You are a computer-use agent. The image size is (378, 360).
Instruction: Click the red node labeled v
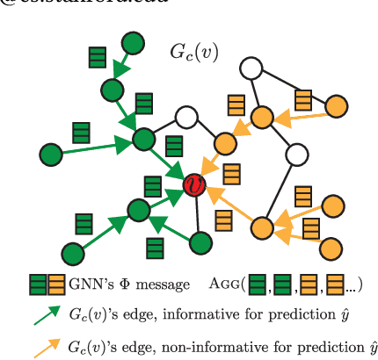tap(193, 183)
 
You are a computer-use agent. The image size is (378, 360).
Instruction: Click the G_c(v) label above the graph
tap(193, 51)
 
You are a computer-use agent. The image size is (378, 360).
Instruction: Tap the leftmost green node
tap(50, 155)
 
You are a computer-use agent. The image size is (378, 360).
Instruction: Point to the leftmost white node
tap(185, 117)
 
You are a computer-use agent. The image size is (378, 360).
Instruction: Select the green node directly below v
tap(201, 240)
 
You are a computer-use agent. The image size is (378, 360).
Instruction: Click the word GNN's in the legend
tap(91, 284)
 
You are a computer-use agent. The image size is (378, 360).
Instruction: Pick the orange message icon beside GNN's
tap(55, 284)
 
